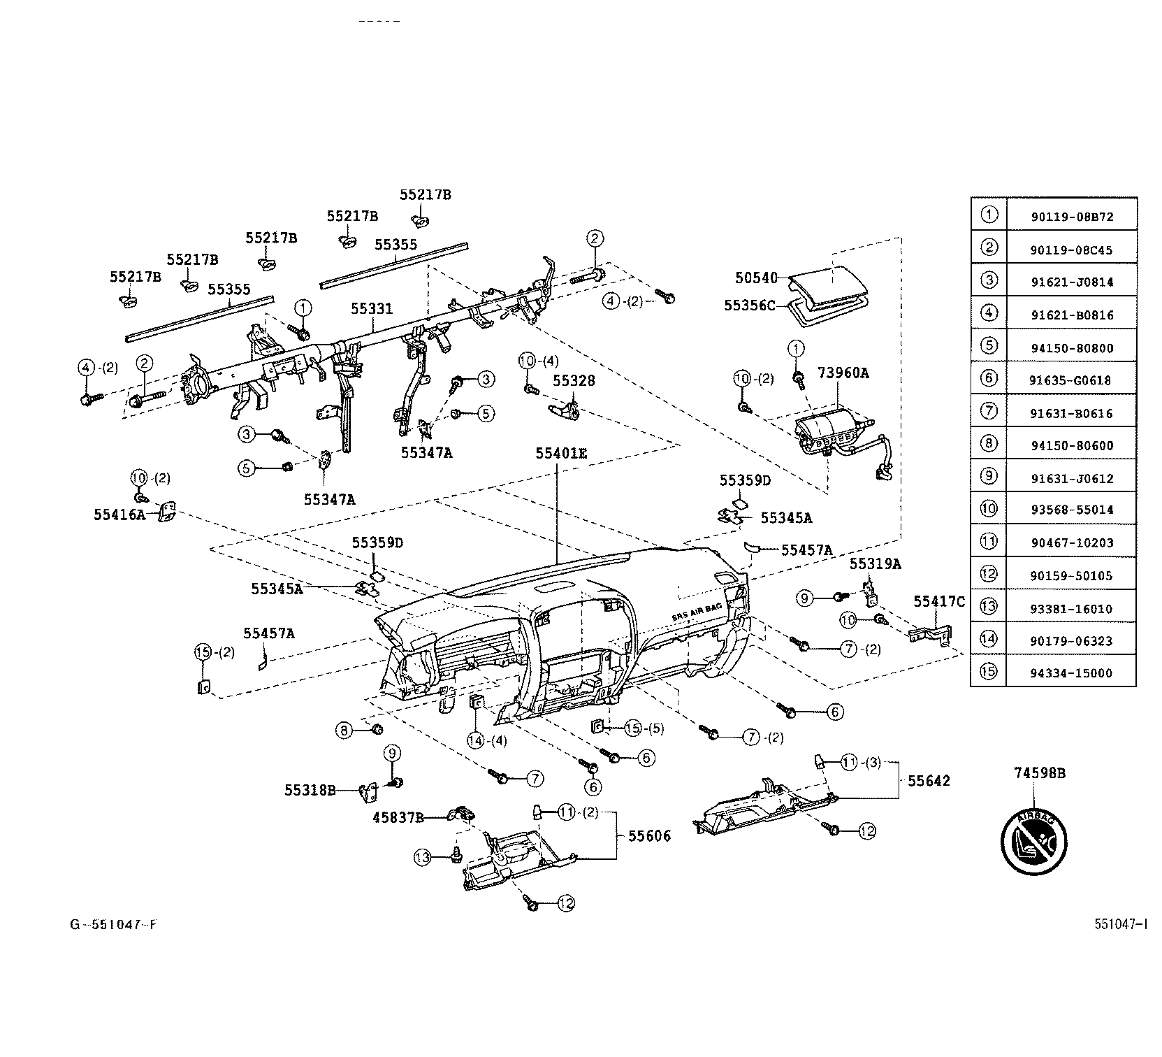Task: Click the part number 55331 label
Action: coord(372,309)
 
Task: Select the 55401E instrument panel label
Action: coord(561,453)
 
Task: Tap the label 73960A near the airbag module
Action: coord(843,373)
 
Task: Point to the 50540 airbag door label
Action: coord(756,278)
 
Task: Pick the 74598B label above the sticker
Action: coord(1040,773)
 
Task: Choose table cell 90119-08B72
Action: coord(1072,217)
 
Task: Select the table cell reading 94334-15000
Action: coord(1072,673)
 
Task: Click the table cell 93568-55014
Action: coord(1072,510)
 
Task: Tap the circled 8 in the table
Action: coord(989,443)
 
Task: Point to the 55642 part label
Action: coord(929,781)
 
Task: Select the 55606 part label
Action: coord(649,836)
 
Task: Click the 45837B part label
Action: coord(399,818)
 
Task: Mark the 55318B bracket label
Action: coord(310,791)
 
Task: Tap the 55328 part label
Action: coord(574,380)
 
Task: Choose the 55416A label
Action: coord(119,515)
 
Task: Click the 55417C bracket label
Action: coord(939,602)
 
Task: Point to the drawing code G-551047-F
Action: coord(112,925)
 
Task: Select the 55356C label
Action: coord(750,305)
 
